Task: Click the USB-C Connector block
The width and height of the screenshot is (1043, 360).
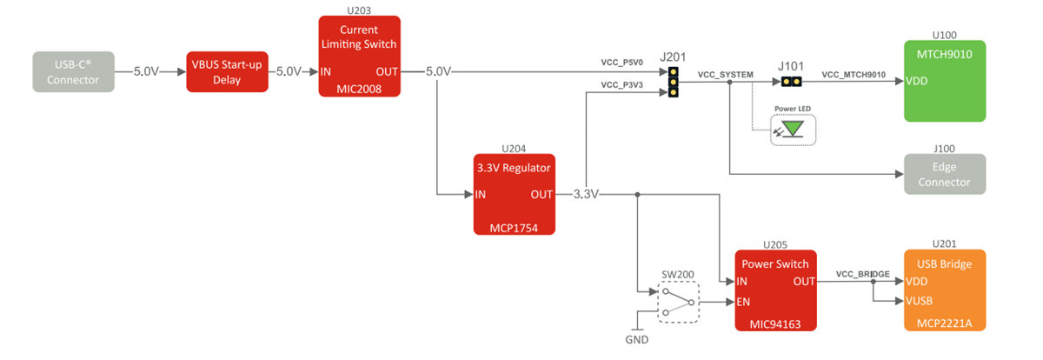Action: coord(73,71)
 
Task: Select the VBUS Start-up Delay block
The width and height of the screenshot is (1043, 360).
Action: coord(228,71)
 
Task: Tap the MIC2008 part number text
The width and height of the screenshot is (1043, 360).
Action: coord(358,88)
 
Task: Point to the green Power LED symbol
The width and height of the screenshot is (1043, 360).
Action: coord(792,130)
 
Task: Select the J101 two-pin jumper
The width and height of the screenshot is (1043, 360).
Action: coord(790,82)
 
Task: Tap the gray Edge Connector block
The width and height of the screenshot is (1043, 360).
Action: coord(944,174)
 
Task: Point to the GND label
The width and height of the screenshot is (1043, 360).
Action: coord(636,339)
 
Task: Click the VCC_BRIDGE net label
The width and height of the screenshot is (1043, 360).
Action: coord(862,274)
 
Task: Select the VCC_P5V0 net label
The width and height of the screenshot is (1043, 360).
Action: coord(621,63)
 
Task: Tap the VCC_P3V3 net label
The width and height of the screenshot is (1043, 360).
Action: coord(621,85)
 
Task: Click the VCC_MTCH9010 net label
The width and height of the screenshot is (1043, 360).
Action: coord(854,75)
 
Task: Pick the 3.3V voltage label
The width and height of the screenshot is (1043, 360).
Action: coord(587,194)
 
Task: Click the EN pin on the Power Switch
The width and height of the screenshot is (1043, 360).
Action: coord(743,303)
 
